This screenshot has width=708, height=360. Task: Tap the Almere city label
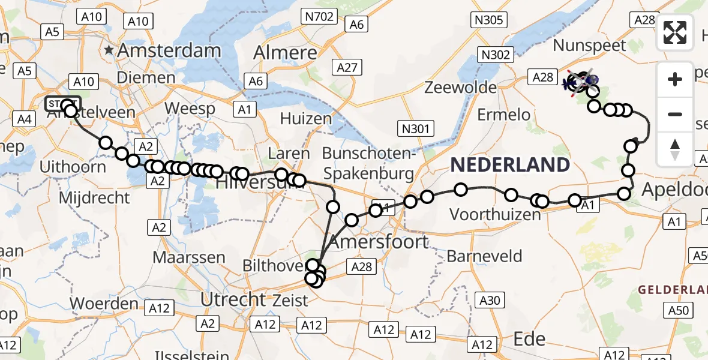[285, 53]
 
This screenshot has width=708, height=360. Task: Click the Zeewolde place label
[461, 88]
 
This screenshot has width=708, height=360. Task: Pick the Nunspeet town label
[589, 45]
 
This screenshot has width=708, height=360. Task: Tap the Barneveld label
[484, 257]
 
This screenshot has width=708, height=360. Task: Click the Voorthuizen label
[495, 214]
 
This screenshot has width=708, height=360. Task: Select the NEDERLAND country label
[509, 164]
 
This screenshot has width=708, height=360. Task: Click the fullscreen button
[675, 32]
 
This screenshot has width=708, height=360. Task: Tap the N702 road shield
[319, 16]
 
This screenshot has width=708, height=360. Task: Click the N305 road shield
[488, 20]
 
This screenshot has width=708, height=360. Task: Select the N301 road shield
[415, 127]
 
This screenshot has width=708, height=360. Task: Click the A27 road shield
[347, 68]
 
